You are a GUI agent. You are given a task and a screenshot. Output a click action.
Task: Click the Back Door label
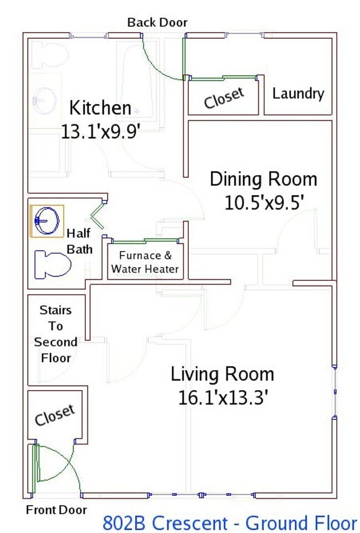pyautogui.click(x=157, y=22)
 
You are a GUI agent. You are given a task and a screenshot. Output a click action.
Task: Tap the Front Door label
pyautogui.click(x=56, y=510)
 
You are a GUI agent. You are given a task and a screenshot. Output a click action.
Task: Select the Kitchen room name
pyautogui.click(x=100, y=107)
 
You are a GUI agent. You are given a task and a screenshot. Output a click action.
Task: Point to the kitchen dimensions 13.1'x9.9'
pyautogui.click(x=101, y=131)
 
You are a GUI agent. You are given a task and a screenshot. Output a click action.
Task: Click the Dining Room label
pyautogui.click(x=264, y=179)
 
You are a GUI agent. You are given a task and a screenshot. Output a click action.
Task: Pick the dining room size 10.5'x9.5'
pyautogui.click(x=264, y=203)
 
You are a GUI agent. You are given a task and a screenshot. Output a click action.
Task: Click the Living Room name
pyautogui.click(x=222, y=373)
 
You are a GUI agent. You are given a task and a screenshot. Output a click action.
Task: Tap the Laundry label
pyautogui.click(x=298, y=94)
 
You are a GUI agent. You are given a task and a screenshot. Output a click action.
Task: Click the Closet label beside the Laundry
pyautogui.click(x=224, y=98)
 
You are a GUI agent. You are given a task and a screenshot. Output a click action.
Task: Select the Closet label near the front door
pyautogui.click(x=55, y=414)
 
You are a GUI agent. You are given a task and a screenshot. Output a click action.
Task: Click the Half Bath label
pyautogui.click(x=80, y=242)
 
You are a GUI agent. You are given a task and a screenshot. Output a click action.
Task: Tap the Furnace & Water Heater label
pyautogui.click(x=145, y=262)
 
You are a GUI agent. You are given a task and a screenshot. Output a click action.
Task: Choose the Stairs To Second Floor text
pyautogui.click(x=55, y=334)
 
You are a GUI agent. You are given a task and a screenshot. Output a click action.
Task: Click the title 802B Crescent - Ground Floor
pyautogui.click(x=230, y=523)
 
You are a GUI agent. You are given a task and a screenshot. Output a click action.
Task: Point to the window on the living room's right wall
pyautogui.click(x=335, y=392)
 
